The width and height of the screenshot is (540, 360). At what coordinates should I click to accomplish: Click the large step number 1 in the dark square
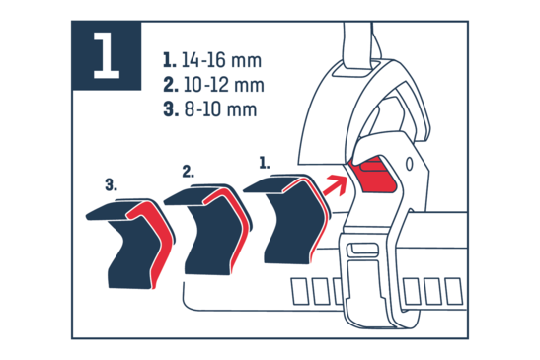point(107,56)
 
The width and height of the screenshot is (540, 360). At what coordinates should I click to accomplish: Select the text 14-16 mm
point(221,60)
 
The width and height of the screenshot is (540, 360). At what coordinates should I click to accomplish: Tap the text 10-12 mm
point(223,85)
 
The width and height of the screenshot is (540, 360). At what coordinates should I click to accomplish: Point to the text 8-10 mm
point(220,109)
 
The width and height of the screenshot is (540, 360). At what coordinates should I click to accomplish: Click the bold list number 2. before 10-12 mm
point(171,85)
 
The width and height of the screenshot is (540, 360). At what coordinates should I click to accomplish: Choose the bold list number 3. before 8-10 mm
point(171,109)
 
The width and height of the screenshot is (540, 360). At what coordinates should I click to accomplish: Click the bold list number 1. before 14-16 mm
point(169,60)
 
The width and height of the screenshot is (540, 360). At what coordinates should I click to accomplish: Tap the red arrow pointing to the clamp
point(336,185)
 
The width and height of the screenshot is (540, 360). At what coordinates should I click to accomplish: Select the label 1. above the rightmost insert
point(265,163)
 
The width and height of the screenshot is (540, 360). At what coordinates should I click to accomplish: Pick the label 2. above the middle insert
point(188,172)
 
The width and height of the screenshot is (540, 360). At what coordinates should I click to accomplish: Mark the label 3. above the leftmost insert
point(111,184)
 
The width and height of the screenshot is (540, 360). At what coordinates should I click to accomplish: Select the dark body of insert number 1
point(293,224)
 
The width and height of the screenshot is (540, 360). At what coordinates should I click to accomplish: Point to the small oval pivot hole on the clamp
point(409,164)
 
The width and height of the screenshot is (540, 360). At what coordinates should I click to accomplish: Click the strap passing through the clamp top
point(357,44)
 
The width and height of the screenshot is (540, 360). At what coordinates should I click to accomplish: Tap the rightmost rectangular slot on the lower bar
point(454,292)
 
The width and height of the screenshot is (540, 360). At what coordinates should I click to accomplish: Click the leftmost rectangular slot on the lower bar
point(300,291)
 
